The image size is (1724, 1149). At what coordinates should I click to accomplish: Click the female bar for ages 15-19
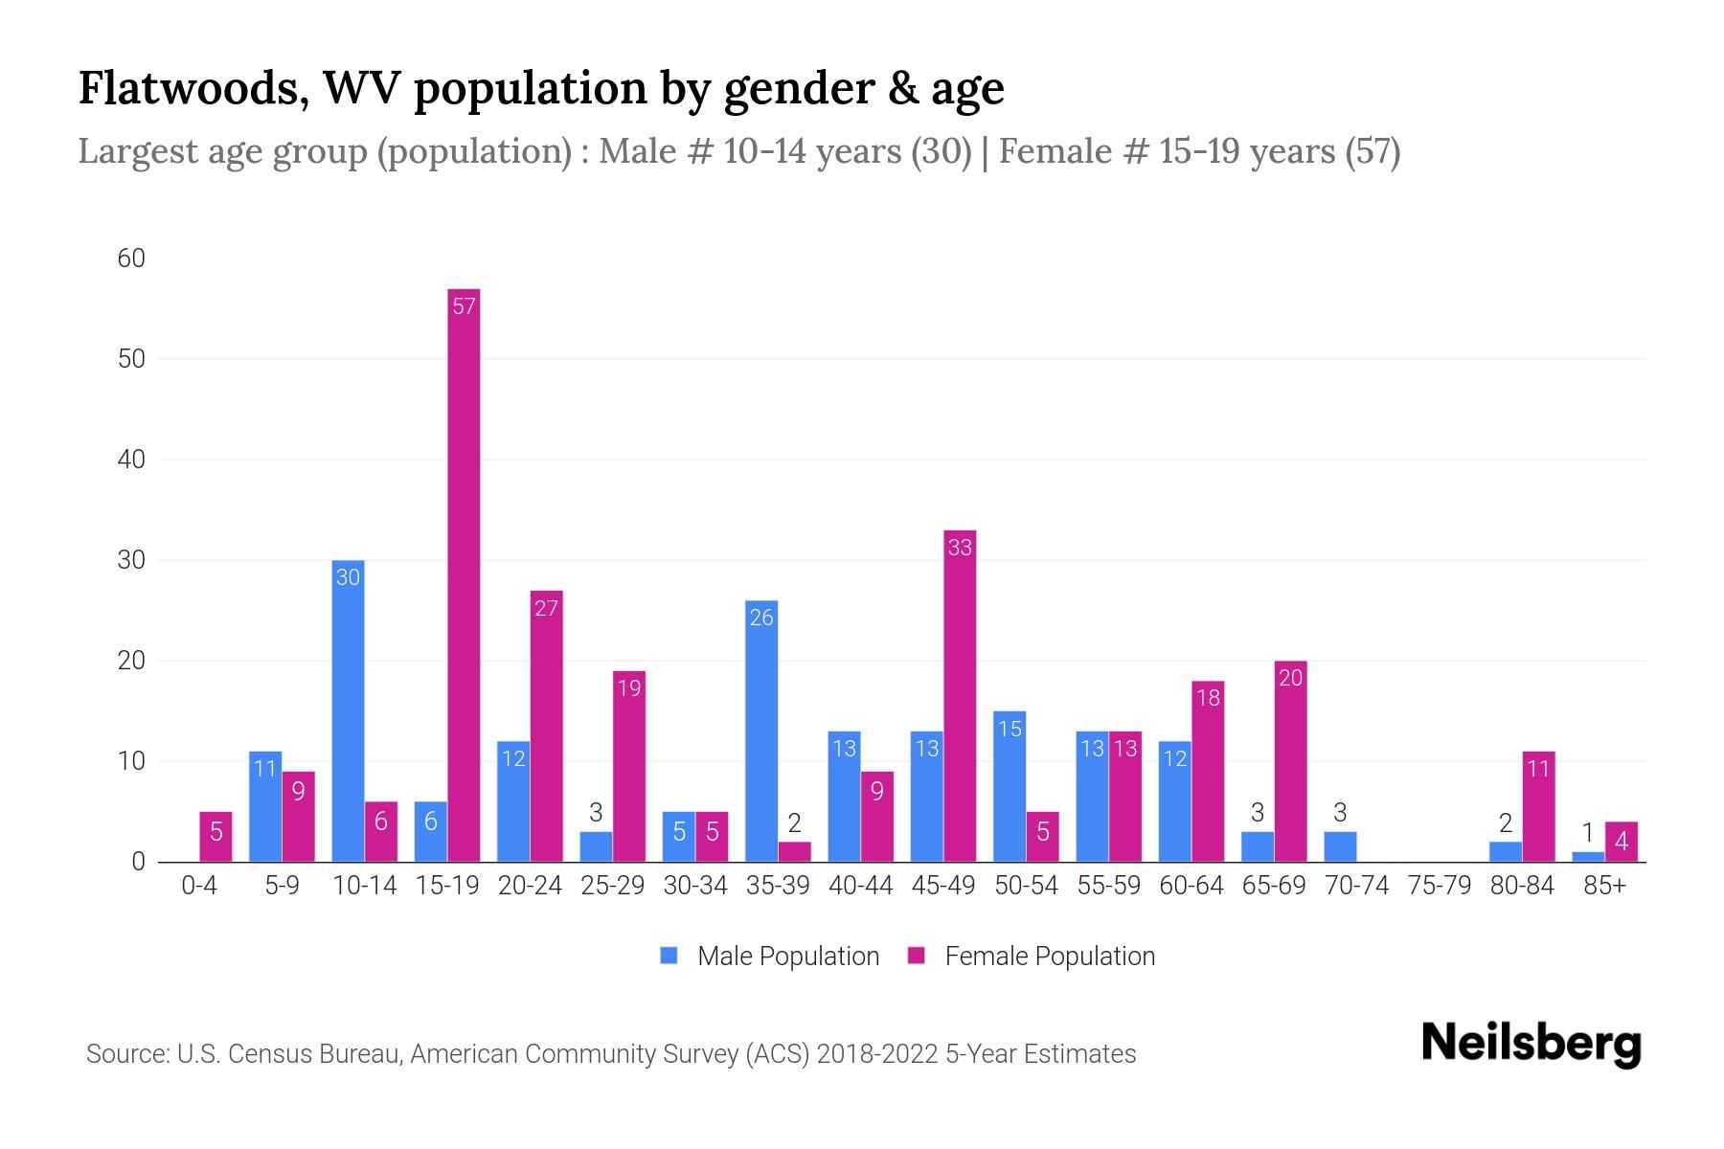click(x=464, y=574)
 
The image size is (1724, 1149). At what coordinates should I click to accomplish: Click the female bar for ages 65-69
click(x=1290, y=761)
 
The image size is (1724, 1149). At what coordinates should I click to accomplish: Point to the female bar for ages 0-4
click(x=215, y=837)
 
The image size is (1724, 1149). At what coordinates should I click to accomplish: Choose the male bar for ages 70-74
click(x=1340, y=846)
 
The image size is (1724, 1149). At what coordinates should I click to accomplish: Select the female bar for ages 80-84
click(x=1538, y=806)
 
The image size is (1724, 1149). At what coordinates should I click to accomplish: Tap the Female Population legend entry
click(x=1032, y=956)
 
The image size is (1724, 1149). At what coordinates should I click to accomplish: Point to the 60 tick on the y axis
click(x=131, y=259)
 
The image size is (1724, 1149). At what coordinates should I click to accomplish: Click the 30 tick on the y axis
click(x=131, y=560)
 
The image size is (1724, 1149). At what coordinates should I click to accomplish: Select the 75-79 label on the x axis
click(x=1439, y=886)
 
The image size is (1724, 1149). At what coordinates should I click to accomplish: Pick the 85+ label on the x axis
click(x=1604, y=886)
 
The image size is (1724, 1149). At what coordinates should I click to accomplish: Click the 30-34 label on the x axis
click(x=695, y=886)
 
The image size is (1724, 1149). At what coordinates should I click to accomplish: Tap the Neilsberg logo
click(x=1531, y=1044)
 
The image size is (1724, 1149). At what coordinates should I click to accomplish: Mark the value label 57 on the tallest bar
click(x=464, y=306)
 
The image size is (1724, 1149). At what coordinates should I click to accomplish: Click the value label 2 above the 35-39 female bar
click(x=794, y=822)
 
